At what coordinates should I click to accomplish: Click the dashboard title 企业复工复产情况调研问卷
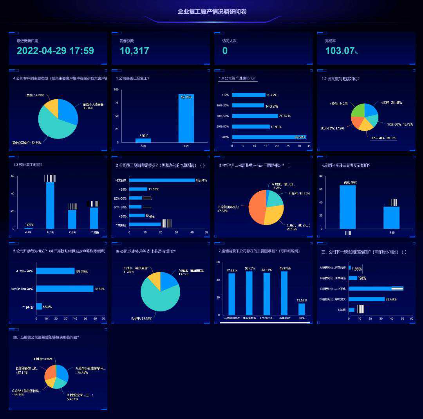(212, 12)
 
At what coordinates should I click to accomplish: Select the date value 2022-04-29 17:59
(55, 50)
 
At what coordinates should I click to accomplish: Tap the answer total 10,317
(134, 50)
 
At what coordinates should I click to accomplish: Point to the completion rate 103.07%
(341, 50)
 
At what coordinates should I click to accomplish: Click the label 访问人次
(230, 41)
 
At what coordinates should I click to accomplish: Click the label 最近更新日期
(27, 41)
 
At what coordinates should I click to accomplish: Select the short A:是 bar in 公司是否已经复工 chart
(143, 140)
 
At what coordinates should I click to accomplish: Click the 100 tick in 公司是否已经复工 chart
(116, 90)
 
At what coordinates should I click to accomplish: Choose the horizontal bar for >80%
(269, 137)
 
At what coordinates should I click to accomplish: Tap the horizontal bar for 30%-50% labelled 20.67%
(255, 116)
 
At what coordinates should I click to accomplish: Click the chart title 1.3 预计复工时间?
(28, 165)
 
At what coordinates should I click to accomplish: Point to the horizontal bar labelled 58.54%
(65, 289)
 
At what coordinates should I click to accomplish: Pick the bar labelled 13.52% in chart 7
(302, 309)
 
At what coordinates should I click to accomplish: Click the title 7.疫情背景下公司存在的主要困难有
(259, 251)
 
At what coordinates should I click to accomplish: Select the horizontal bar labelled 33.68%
(367, 299)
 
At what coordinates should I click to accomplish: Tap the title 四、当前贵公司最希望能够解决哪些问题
(46, 337)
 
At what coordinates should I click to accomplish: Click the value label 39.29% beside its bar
(82, 271)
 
